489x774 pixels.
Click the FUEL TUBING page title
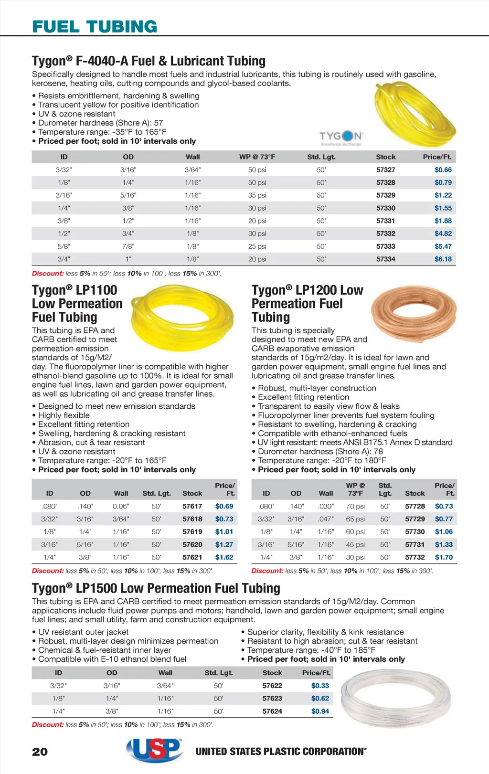coord(95,27)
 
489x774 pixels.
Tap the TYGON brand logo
coord(341,138)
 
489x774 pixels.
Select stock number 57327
coord(385,170)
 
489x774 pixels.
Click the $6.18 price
coord(443,259)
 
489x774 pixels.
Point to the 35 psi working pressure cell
coord(257,195)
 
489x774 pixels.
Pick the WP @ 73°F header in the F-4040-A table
coord(257,157)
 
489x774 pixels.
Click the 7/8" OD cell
coord(128,246)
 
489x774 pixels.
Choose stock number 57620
coord(192,544)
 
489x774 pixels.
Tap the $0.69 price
coord(224,506)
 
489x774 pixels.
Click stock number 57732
coord(415,557)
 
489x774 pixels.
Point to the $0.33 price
coord(320,686)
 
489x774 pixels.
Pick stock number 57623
coord(272,699)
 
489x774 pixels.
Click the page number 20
coord(40,752)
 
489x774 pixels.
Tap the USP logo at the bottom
coord(155,750)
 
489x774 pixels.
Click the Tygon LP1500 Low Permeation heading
coord(156,588)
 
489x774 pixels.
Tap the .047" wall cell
coord(326,519)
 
